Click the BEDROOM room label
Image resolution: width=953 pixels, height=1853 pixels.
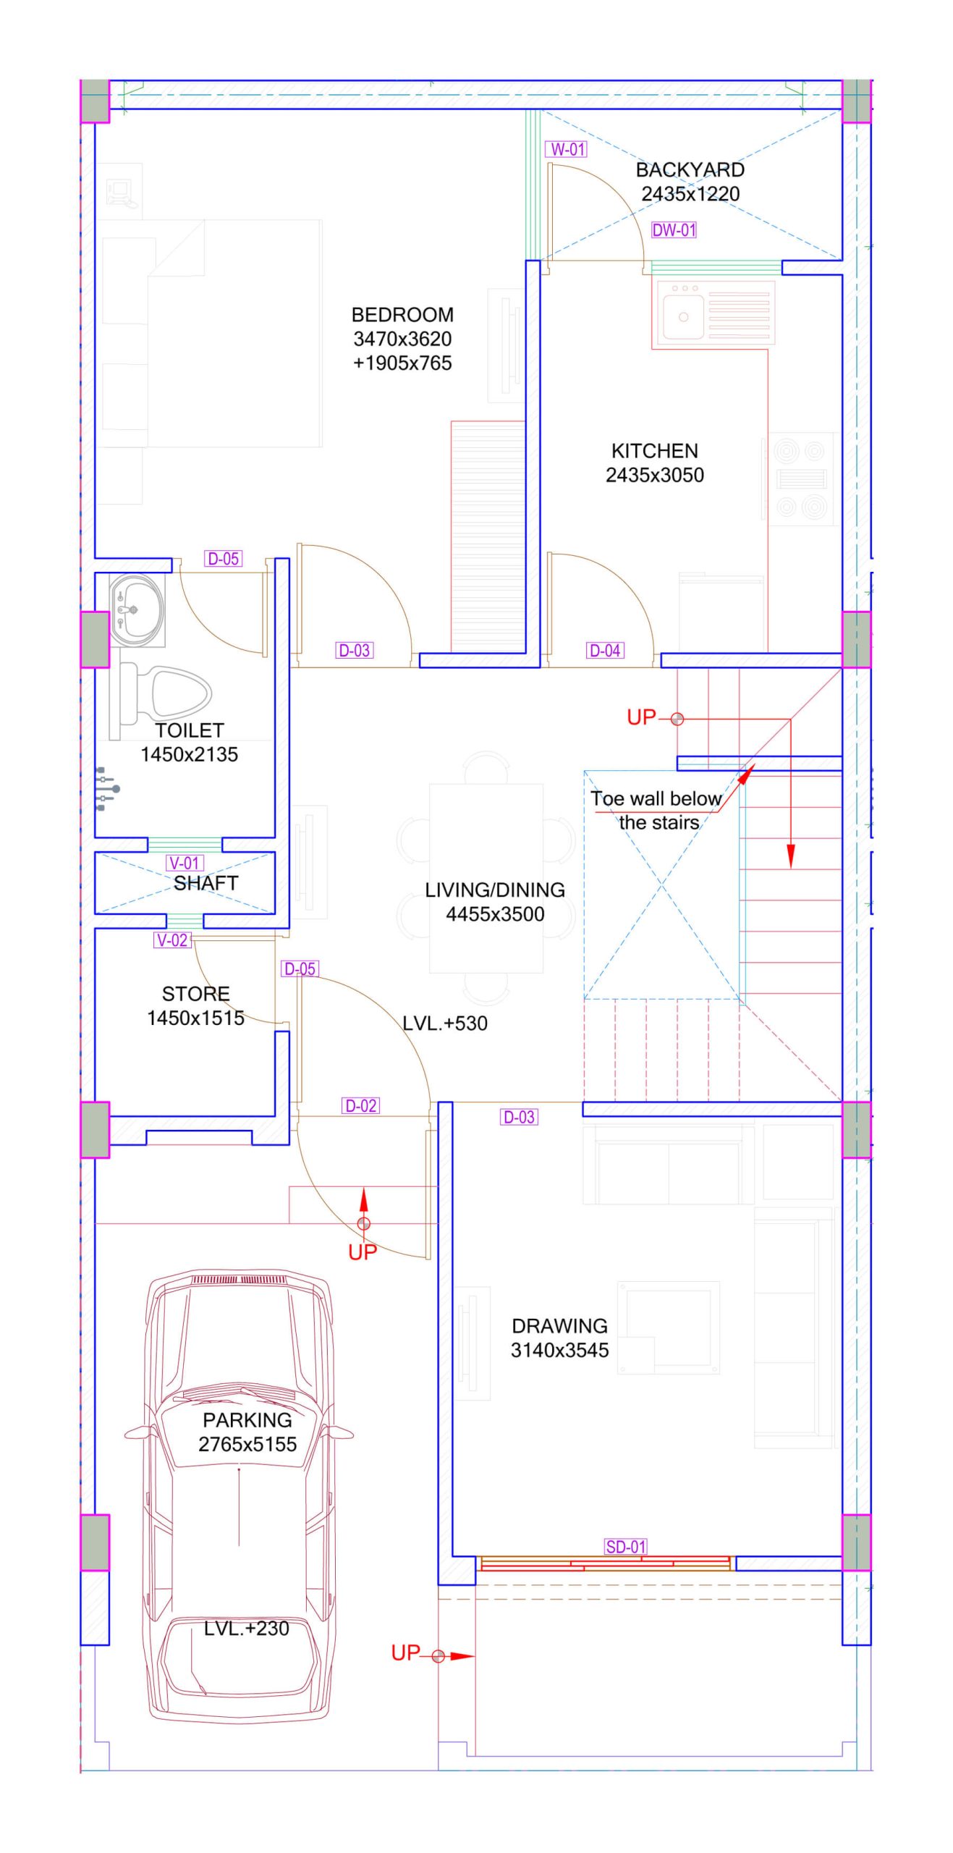(x=402, y=315)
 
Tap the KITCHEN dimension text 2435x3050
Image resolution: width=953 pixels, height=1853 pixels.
(x=654, y=475)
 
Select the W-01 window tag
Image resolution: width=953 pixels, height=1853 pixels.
(x=566, y=149)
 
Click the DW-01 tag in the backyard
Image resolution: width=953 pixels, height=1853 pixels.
(x=674, y=230)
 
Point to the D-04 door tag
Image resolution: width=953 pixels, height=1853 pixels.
(x=605, y=650)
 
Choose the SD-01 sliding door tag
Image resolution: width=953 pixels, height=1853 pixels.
(x=626, y=1547)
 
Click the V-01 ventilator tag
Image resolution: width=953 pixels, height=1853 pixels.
(x=185, y=863)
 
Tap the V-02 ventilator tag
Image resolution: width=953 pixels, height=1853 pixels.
(x=172, y=940)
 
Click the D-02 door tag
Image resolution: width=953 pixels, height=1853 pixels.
(x=360, y=1105)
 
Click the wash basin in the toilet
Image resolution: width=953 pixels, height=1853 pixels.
(x=137, y=610)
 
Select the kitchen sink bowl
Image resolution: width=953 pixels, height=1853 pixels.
(x=683, y=316)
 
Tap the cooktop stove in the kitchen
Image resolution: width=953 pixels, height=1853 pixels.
(x=801, y=478)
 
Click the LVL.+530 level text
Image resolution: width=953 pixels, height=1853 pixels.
(x=445, y=1023)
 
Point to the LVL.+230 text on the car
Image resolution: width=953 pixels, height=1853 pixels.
(x=247, y=1628)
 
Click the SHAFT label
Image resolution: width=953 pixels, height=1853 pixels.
(x=206, y=883)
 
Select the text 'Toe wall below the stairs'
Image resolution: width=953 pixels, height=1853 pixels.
(x=657, y=810)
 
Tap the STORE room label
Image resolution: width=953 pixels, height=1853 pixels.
(x=196, y=994)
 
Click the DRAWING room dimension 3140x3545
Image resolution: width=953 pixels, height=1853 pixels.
(x=559, y=1350)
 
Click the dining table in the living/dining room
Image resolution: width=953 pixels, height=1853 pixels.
(x=486, y=877)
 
